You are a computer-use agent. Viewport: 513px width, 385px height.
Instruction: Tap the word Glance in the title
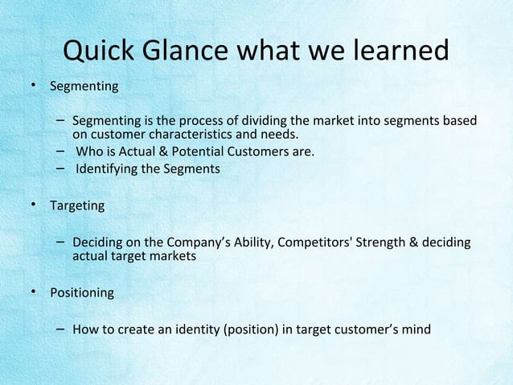(193, 52)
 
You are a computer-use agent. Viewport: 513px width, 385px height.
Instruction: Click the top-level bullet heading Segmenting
(84, 86)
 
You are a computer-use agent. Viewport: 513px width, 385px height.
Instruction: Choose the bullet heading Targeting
(77, 206)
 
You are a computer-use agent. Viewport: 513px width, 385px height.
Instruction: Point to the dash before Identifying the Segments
(61, 168)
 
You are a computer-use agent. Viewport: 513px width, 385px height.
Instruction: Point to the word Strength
(384, 242)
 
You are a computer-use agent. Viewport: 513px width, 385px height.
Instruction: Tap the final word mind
(415, 329)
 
